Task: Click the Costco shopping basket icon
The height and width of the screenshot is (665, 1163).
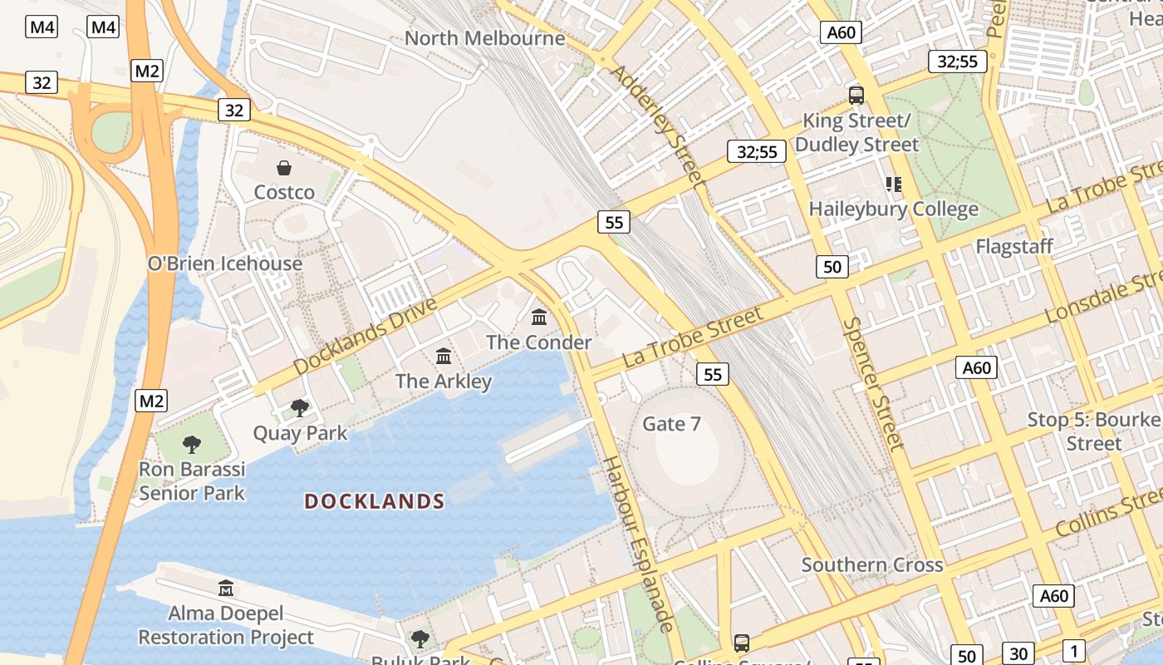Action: click(x=284, y=169)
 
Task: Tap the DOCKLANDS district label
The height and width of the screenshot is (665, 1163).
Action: click(x=375, y=501)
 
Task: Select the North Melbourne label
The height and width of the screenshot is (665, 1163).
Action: click(x=485, y=38)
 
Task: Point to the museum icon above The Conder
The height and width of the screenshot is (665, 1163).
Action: click(x=539, y=317)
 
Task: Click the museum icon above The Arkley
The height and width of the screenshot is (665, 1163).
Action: click(x=444, y=356)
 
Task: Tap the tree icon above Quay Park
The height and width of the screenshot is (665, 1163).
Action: click(x=300, y=407)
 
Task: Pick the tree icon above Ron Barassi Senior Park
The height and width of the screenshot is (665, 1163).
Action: click(x=192, y=444)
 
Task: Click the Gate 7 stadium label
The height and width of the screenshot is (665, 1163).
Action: click(x=671, y=424)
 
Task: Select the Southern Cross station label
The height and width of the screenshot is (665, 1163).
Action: click(x=871, y=565)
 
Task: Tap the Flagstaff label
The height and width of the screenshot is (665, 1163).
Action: click(x=1013, y=246)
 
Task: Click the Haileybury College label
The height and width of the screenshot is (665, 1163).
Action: click(x=893, y=209)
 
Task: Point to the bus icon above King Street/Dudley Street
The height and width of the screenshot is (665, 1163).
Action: click(x=856, y=95)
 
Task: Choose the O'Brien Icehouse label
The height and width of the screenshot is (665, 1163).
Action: click(x=224, y=264)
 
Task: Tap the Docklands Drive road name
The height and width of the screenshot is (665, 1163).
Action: click(x=365, y=336)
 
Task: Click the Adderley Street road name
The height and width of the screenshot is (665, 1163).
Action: click(x=657, y=125)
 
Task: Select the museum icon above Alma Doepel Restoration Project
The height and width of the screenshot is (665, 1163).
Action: click(x=225, y=589)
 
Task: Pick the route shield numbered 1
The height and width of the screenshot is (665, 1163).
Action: click(x=1073, y=651)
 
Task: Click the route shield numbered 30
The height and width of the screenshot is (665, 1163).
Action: click(x=1018, y=653)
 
